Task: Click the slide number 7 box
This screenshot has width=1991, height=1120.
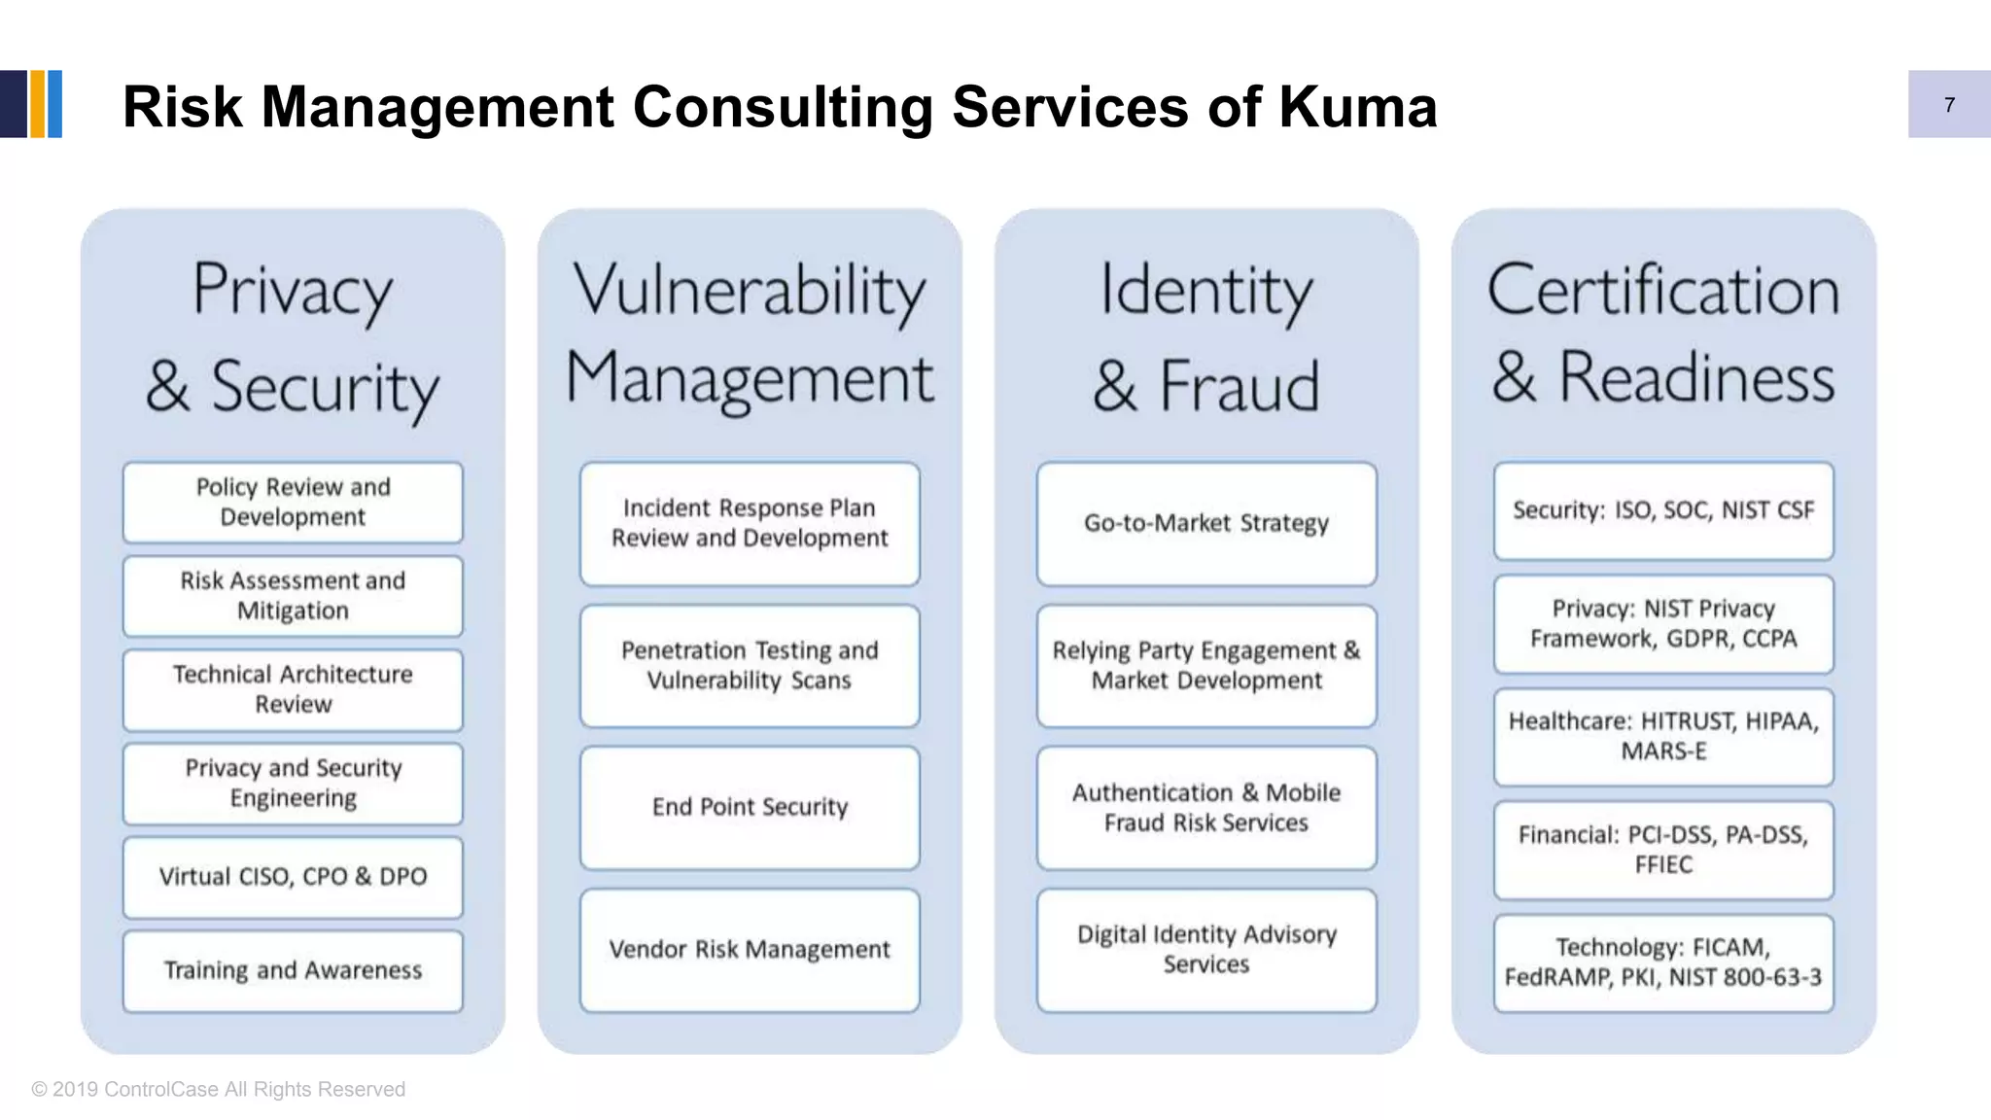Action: (1948, 104)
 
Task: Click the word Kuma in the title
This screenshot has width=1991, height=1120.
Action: (1357, 107)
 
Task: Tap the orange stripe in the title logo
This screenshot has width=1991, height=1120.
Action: (38, 104)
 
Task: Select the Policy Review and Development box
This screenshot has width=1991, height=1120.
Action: (293, 503)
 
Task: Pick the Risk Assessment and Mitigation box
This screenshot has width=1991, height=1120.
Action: (293, 596)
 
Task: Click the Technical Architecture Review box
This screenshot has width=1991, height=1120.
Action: (293, 689)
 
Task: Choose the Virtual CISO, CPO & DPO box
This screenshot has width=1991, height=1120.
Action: (293, 877)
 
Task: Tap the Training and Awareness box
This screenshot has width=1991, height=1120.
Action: (293, 970)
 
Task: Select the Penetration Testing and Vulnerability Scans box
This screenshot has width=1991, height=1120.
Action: (750, 666)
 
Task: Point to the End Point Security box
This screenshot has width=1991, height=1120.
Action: (750, 807)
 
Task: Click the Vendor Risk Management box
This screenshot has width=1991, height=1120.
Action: (750, 950)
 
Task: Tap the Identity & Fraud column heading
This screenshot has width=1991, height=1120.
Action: (1206, 335)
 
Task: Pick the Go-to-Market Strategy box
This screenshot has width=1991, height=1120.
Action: (1206, 524)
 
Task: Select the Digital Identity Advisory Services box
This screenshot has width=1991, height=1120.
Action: (1206, 950)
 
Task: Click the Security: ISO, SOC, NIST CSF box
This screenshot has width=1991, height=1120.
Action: (1663, 511)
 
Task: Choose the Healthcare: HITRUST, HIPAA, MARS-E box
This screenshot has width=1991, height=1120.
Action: (1663, 737)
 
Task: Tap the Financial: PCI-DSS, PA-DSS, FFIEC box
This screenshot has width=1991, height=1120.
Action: (1663, 850)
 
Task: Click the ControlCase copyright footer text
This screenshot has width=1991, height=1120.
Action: (219, 1090)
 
